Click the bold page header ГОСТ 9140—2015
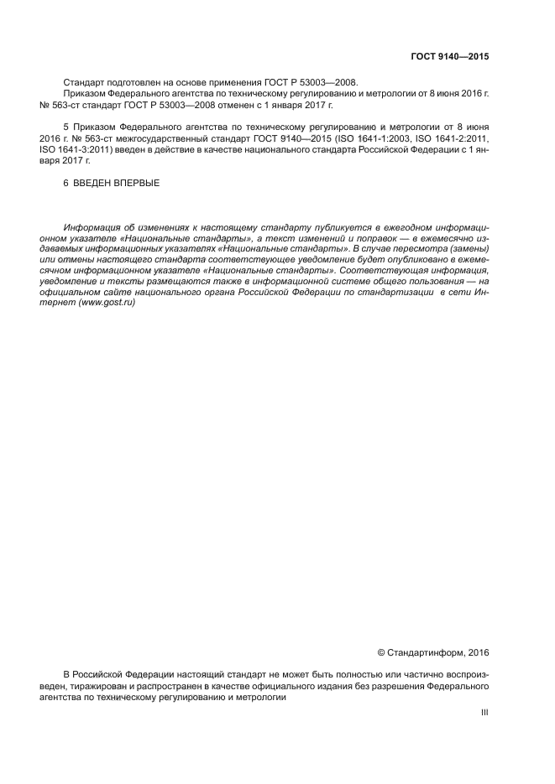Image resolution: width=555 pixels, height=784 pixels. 449,57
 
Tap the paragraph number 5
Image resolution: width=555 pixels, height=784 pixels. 65,126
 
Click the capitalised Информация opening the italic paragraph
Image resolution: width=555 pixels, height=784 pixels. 91,227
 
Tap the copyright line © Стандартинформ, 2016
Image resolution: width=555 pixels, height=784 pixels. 432,652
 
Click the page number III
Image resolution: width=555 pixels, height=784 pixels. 484,713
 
